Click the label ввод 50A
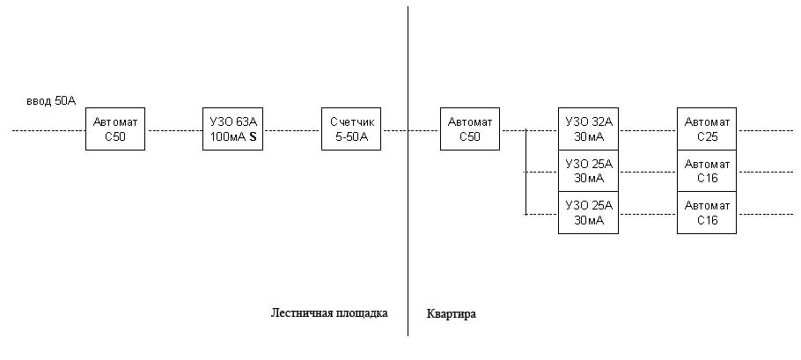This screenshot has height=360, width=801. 51,100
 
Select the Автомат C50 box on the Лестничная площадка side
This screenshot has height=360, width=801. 115,129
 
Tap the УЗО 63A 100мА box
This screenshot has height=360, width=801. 232,129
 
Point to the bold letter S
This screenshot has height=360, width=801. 253,136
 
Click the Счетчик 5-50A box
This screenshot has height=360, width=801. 351,129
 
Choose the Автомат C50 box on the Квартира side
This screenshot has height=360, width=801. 470,129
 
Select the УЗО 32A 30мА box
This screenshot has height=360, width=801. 588,129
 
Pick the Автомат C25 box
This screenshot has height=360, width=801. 707,129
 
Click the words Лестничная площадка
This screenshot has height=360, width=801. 329,313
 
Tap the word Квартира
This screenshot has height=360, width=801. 451,314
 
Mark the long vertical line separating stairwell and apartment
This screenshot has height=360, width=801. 408,171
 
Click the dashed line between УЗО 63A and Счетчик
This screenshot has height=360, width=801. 292,131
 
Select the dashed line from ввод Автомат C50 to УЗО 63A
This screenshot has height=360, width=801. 173,131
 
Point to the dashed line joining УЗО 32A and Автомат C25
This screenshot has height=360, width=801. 648,131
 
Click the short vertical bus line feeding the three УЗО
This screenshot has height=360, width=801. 525,173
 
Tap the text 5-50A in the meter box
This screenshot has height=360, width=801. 351,136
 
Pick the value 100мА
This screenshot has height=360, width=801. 228,136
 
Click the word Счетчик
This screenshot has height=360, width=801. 352,122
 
